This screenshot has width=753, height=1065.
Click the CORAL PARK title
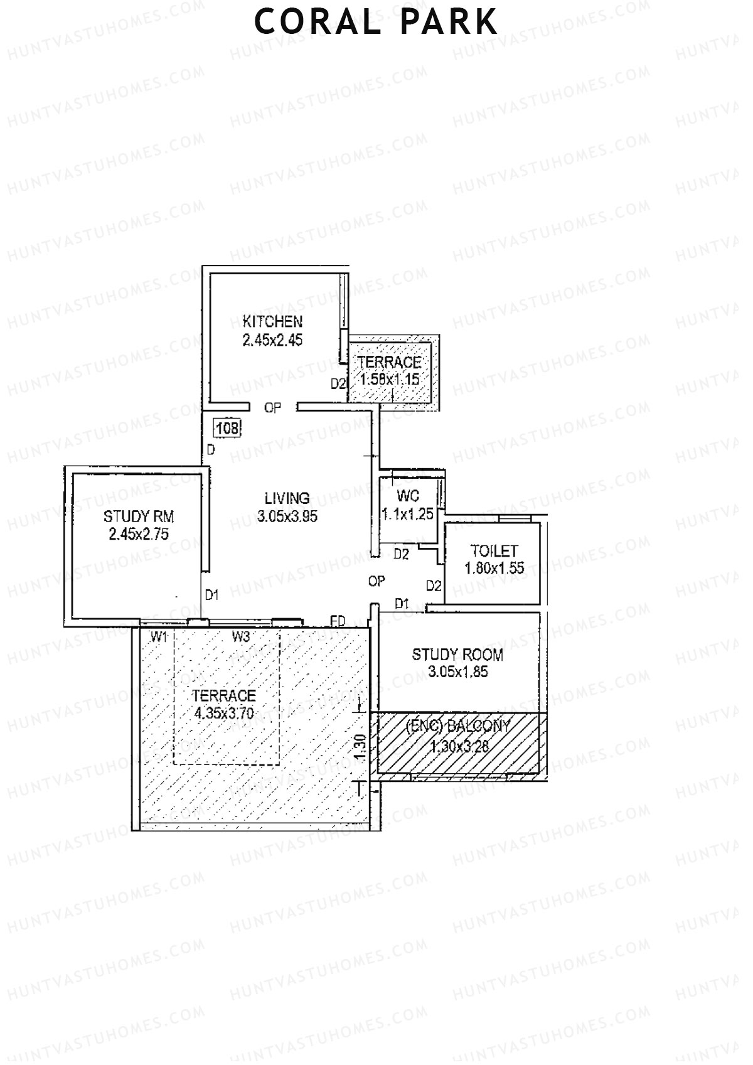coord(376,22)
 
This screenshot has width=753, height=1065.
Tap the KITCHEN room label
coord(272,322)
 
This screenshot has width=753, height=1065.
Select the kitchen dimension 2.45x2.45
coord(272,340)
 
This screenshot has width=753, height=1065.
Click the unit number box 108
coord(227,429)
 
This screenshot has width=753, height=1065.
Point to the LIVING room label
coord(287,498)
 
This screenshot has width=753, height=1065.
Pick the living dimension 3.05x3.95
coord(287,516)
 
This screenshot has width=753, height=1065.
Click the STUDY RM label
coord(139,516)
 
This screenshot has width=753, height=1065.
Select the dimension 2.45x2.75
coord(139,535)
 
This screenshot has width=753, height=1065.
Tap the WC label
coord(408,496)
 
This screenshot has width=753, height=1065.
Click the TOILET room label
coord(494,551)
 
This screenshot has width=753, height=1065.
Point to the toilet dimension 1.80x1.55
coord(494,569)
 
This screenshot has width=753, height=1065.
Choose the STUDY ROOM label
coord(457,655)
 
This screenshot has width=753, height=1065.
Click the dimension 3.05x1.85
coord(457,672)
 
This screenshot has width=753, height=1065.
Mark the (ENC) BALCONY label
coord(458,727)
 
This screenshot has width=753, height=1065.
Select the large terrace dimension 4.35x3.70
coord(224,714)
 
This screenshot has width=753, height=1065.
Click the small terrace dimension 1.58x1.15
coord(389,379)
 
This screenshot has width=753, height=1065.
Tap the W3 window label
coord(241,637)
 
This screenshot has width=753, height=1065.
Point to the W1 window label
coord(159,637)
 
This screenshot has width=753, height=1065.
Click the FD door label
coord(338,621)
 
